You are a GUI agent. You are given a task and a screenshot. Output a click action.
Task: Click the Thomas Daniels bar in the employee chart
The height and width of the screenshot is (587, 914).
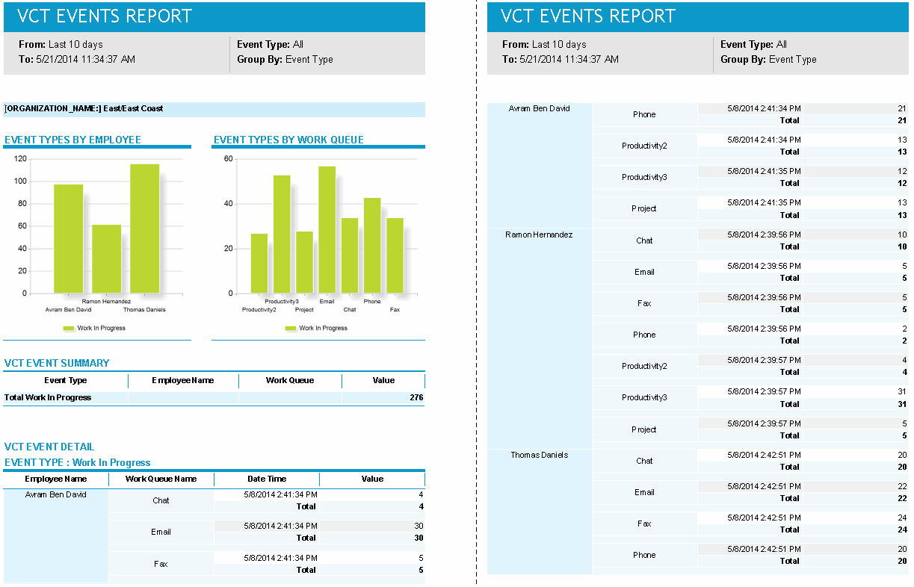click(x=145, y=229)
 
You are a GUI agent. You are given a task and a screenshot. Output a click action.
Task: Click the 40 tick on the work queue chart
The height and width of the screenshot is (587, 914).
click(x=228, y=204)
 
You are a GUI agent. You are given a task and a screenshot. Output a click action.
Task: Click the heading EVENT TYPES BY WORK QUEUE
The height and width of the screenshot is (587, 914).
click(x=288, y=140)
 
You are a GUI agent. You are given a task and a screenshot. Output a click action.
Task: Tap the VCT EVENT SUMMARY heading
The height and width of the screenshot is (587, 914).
click(x=57, y=363)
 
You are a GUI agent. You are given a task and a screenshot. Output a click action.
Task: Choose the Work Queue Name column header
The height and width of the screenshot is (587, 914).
click(x=161, y=479)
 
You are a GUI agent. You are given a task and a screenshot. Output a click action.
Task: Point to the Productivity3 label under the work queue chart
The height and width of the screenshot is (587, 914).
click(x=282, y=302)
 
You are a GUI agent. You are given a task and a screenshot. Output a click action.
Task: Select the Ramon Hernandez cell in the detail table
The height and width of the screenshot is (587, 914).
click(x=539, y=235)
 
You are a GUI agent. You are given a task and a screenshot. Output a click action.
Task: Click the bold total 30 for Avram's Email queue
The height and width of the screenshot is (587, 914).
click(x=419, y=538)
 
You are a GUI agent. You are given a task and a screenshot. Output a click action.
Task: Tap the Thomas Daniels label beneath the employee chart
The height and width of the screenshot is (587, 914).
click(x=144, y=310)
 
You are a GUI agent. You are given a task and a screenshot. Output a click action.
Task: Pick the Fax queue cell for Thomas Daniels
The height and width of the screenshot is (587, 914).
click(x=644, y=524)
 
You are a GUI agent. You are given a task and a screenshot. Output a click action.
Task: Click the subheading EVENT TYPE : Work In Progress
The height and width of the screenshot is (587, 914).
click(x=78, y=463)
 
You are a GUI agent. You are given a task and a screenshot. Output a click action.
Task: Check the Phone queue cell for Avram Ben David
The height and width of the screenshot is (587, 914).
click(x=644, y=115)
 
